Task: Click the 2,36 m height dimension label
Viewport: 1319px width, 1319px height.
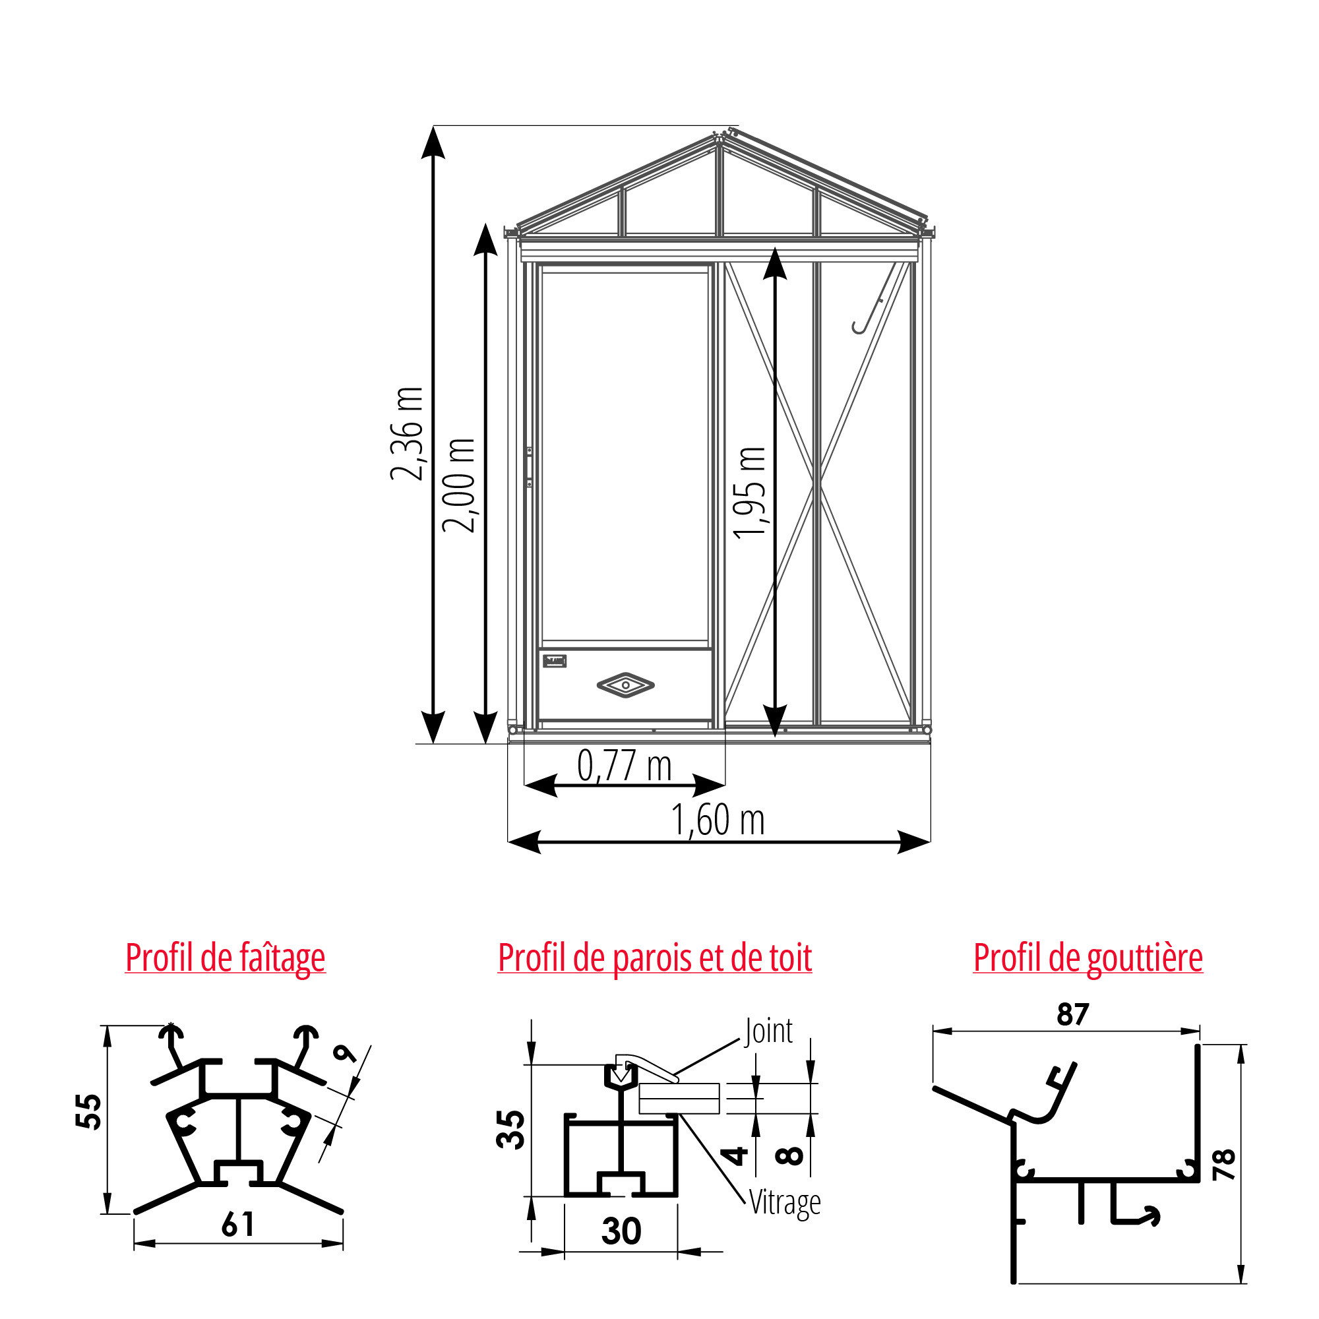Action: click(407, 433)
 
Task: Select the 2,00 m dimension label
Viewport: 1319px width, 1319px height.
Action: click(459, 485)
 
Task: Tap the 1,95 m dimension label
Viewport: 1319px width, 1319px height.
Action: click(751, 493)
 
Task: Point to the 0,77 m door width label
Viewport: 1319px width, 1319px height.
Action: click(624, 765)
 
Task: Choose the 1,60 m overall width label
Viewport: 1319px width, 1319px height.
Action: click(718, 820)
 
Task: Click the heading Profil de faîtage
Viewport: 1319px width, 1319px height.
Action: click(226, 958)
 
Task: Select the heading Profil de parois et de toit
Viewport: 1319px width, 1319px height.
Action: click(655, 957)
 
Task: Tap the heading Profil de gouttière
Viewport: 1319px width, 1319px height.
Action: click(1088, 958)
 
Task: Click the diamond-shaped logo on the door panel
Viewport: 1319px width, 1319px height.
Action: click(625, 685)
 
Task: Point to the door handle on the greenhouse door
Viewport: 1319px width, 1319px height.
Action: click(529, 467)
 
